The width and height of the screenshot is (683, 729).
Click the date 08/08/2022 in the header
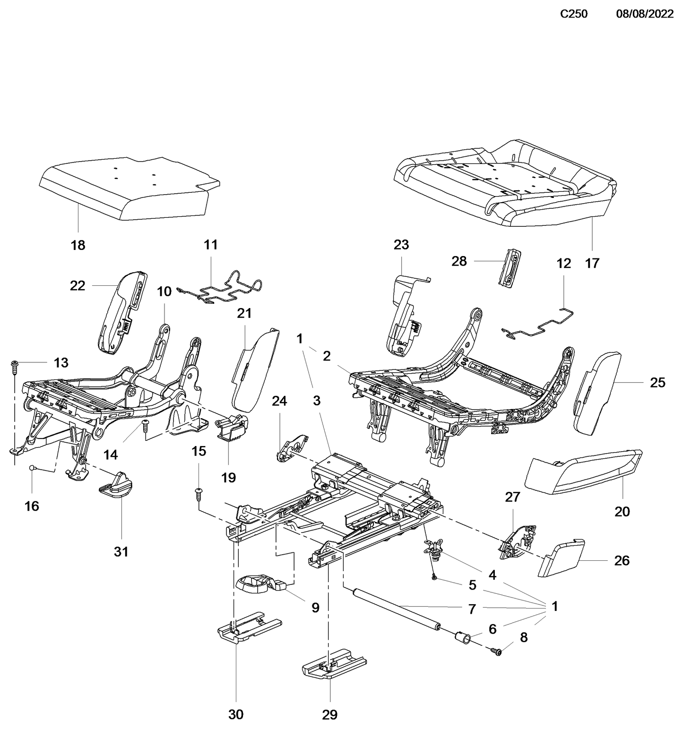[644, 14]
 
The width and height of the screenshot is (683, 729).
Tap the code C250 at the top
[573, 14]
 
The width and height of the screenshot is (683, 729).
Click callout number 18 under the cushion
[78, 245]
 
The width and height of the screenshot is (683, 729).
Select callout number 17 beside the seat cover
[592, 263]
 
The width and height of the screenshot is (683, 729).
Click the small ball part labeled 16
[32, 467]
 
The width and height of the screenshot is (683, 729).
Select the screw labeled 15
[199, 494]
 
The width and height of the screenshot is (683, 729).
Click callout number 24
[279, 401]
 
